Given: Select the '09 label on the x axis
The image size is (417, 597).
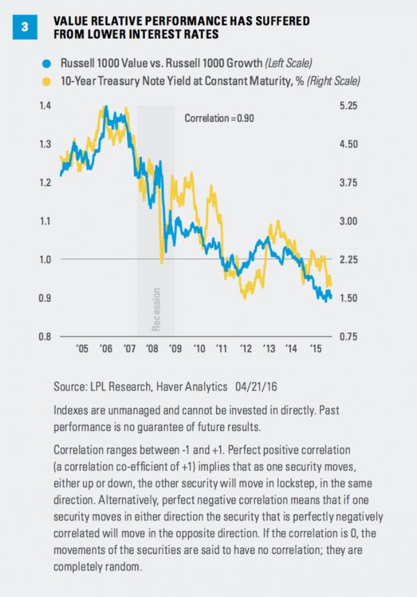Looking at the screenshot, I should pyautogui.click(x=176, y=349).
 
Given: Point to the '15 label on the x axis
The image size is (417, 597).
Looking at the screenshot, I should pyautogui.click(x=315, y=349).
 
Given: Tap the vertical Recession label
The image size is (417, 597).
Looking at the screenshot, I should pyautogui.click(x=156, y=309).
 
